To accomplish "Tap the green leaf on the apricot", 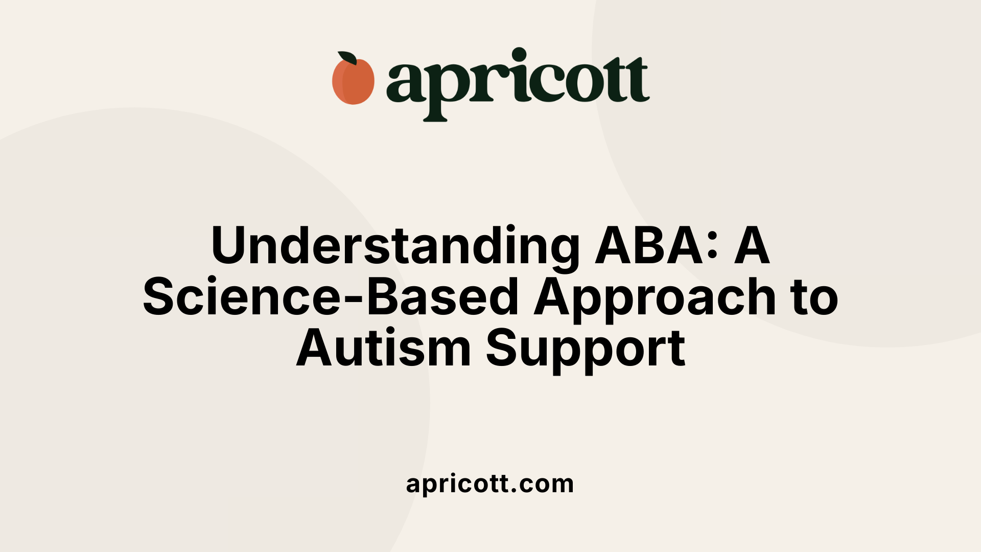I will pyautogui.click(x=347, y=58).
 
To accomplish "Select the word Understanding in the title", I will pyautogui.click(x=395, y=246).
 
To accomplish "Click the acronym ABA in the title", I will pyautogui.click(x=649, y=245).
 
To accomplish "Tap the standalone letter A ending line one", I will pyautogui.click(x=752, y=245).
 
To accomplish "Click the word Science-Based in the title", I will pyautogui.click(x=331, y=297).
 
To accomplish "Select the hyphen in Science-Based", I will pyautogui.click(x=354, y=300).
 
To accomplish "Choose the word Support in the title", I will pyautogui.click(x=586, y=350).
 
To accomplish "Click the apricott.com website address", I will pyautogui.click(x=490, y=484).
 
